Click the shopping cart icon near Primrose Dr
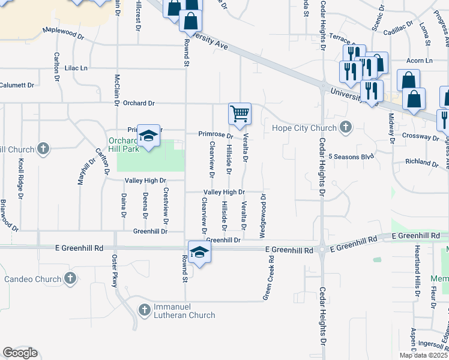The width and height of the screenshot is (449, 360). click(x=240, y=113)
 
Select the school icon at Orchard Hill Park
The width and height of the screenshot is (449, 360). click(x=148, y=136)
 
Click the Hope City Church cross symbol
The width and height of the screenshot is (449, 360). click(x=345, y=127)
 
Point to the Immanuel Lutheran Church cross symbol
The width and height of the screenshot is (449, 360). click(x=144, y=310)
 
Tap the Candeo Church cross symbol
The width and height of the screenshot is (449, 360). click(x=70, y=278)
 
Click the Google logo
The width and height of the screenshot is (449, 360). click(x=20, y=353)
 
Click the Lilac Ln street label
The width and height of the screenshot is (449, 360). click(x=76, y=68)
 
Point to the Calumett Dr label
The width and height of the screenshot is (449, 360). click(x=17, y=85)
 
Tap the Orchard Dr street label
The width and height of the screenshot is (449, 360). click(x=139, y=103)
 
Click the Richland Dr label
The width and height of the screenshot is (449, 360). click(x=421, y=162)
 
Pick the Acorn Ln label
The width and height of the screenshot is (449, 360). click(x=419, y=61)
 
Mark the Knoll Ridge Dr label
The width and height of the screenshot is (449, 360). click(x=20, y=178)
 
